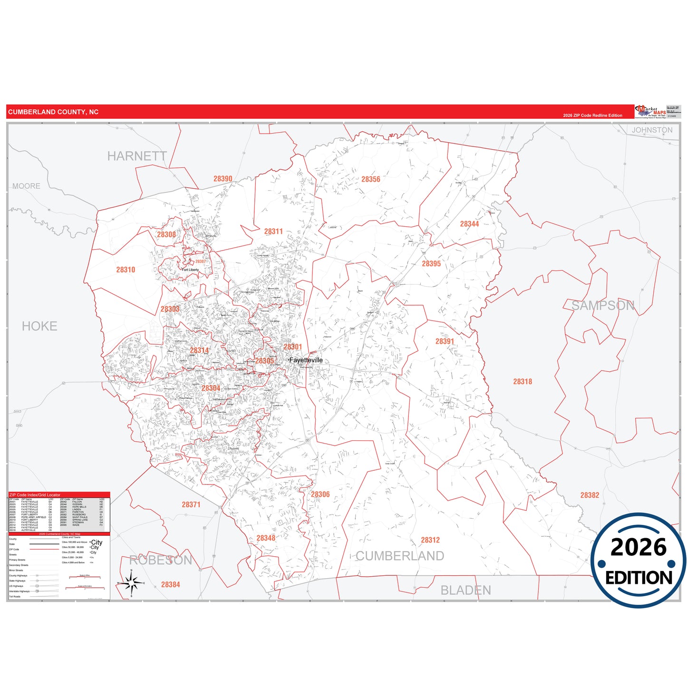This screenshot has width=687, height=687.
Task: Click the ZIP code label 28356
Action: click(x=370, y=179)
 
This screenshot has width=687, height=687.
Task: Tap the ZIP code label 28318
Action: click(x=523, y=381)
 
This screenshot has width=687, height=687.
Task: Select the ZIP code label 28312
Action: click(x=430, y=540)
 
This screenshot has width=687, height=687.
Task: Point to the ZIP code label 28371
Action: click(x=191, y=504)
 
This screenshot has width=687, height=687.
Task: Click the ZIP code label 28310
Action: click(x=126, y=270)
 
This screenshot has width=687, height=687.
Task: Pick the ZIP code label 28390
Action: click(x=223, y=179)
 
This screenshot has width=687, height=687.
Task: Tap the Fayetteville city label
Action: click(x=306, y=360)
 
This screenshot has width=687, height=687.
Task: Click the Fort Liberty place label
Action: click(x=190, y=270)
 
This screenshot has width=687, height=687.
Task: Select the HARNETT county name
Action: click(x=137, y=156)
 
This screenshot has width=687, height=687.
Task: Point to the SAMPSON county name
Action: click(x=602, y=306)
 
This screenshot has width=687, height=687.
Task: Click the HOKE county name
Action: click(x=39, y=326)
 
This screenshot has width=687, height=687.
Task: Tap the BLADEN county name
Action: click(x=465, y=590)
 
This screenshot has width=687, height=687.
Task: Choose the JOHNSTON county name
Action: click(x=652, y=130)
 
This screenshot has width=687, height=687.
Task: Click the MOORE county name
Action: click(x=26, y=186)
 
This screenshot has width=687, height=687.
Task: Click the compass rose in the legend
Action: click(x=131, y=582)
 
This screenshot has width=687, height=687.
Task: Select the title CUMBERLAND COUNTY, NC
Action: click(x=53, y=112)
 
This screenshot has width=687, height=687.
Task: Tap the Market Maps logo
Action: click(x=650, y=112)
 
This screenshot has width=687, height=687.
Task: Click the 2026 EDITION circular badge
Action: click(x=639, y=561)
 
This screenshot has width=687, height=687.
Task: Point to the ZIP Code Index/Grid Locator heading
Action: click(x=35, y=495)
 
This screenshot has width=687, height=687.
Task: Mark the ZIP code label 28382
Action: click(x=590, y=495)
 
